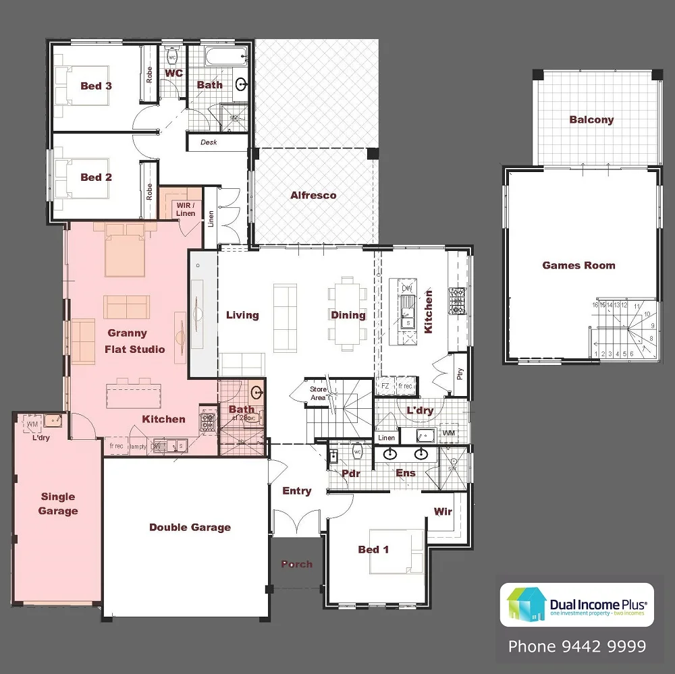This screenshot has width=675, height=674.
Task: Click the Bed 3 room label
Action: click(x=96, y=86)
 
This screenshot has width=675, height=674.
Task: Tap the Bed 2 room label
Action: click(x=96, y=177)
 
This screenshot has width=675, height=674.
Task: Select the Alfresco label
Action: click(x=313, y=196)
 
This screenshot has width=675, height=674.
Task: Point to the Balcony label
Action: click(x=591, y=120)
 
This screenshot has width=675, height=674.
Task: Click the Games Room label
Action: click(x=578, y=265)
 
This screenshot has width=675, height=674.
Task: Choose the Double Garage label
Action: click(x=190, y=528)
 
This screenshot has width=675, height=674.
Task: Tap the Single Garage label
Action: click(x=58, y=504)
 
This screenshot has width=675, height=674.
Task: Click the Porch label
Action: click(x=297, y=564)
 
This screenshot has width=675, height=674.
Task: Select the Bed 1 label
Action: click(x=373, y=550)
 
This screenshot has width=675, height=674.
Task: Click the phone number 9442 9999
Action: click(x=576, y=647)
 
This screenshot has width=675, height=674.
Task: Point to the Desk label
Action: click(x=209, y=142)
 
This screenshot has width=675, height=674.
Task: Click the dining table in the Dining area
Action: click(x=348, y=313)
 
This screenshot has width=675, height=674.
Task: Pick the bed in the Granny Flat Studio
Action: click(x=125, y=250)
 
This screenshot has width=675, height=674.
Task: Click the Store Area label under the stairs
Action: click(x=318, y=393)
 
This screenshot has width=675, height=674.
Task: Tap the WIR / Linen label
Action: click(x=185, y=209)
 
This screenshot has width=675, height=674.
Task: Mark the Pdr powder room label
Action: click(x=351, y=474)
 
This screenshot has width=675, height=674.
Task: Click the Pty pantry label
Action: click(x=460, y=373)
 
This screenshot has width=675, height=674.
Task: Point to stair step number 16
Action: click(x=595, y=305)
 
